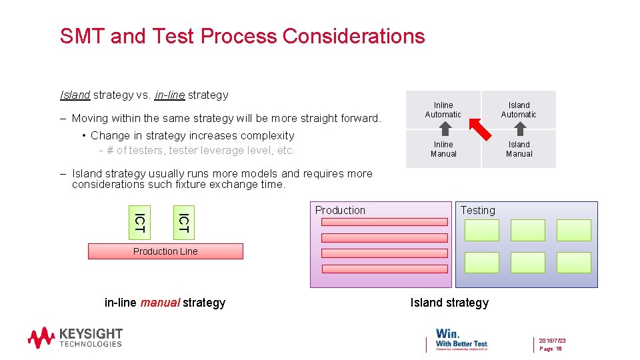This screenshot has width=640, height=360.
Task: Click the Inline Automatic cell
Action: (x=443, y=109)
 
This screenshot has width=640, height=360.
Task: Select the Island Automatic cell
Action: (x=519, y=109)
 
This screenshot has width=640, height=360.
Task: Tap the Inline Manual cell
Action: (x=443, y=149)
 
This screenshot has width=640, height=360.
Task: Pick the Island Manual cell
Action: (x=519, y=149)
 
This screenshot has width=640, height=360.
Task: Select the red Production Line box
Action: (x=165, y=251)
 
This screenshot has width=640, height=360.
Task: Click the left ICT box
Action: (x=139, y=222)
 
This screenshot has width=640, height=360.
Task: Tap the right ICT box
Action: (x=183, y=222)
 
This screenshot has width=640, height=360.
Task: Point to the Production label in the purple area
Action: (x=340, y=210)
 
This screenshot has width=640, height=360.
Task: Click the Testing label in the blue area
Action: (x=478, y=210)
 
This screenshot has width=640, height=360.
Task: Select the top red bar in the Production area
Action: (x=384, y=222)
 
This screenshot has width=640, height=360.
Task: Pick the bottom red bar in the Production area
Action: (x=384, y=269)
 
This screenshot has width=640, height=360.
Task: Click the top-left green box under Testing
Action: (x=481, y=230)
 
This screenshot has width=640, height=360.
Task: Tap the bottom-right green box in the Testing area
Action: (x=573, y=262)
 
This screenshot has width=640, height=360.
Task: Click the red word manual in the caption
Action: (x=160, y=303)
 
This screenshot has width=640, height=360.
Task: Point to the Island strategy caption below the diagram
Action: (x=449, y=303)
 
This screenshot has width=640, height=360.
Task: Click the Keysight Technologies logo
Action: (x=75, y=337)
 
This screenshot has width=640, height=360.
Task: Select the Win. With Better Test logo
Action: (x=461, y=337)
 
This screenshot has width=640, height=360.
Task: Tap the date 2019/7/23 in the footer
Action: (x=553, y=340)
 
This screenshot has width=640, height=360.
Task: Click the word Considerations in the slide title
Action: (x=353, y=35)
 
